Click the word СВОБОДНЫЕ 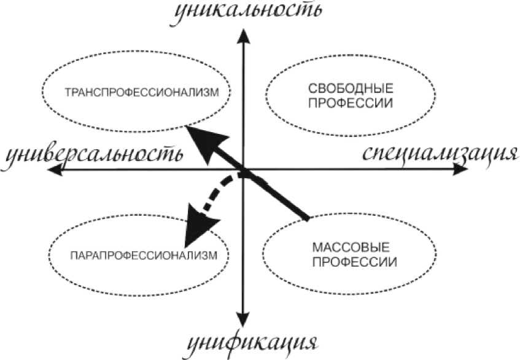click(x=351, y=88)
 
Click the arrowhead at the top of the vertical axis click(x=244, y=37)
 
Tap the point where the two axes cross click(x=244, y=172)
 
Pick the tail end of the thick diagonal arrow click(x=306, y=217)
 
